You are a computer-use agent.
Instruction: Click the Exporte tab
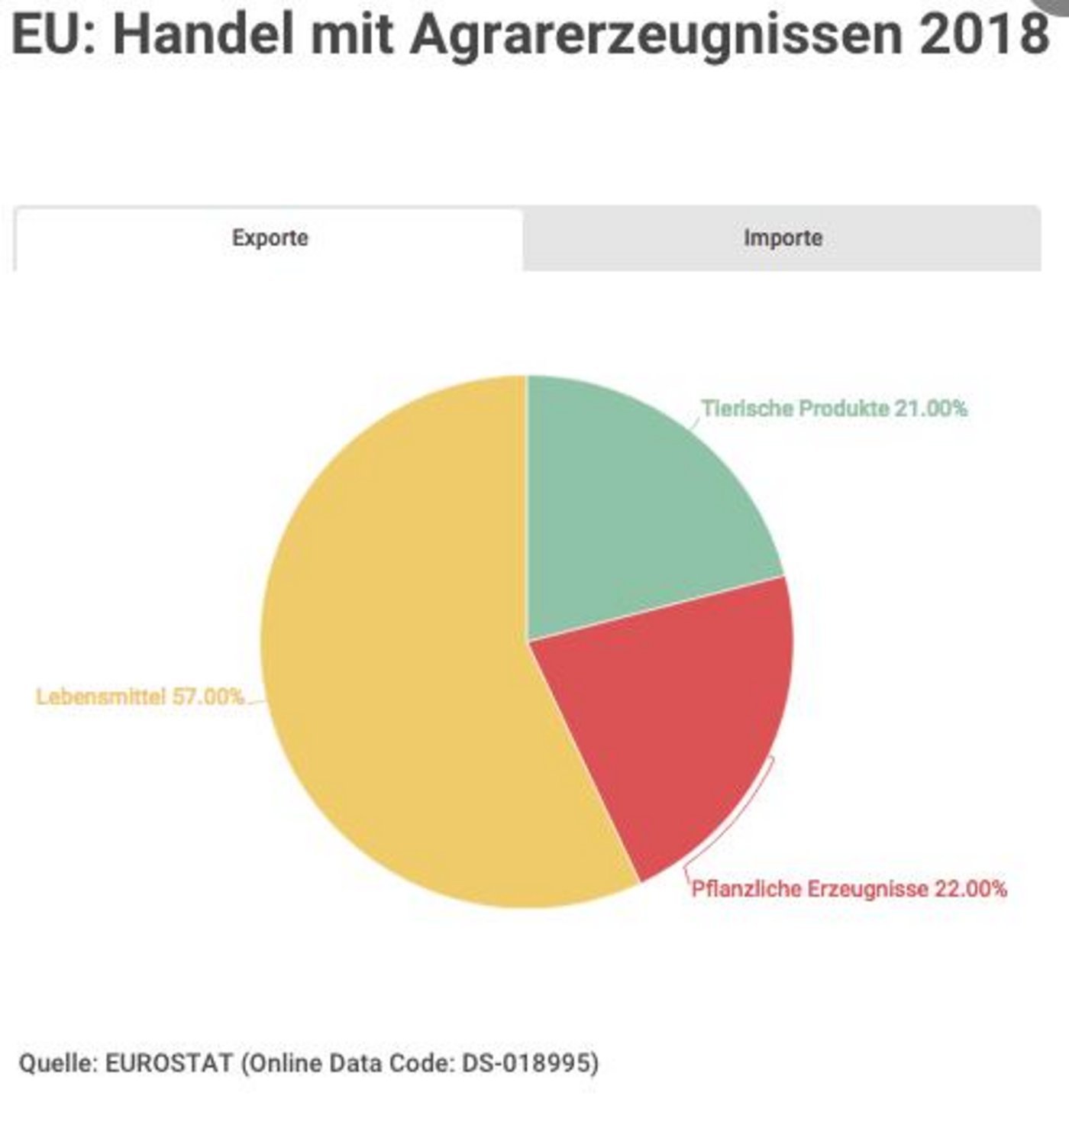(270, 238)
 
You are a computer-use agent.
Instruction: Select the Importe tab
(783, 238)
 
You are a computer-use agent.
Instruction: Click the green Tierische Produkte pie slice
(634, 504)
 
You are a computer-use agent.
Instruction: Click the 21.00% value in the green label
(931, 409)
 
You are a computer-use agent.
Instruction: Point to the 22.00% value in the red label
(970, 889)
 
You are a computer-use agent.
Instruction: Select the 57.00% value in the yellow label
(208, 697)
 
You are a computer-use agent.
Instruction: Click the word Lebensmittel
(101, 697)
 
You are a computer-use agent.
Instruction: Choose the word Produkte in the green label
(844, 409)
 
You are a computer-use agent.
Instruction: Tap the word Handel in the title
(203, 34)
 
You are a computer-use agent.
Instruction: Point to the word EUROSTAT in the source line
(168, 1063)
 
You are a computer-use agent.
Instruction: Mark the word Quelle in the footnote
(55, 1063)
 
